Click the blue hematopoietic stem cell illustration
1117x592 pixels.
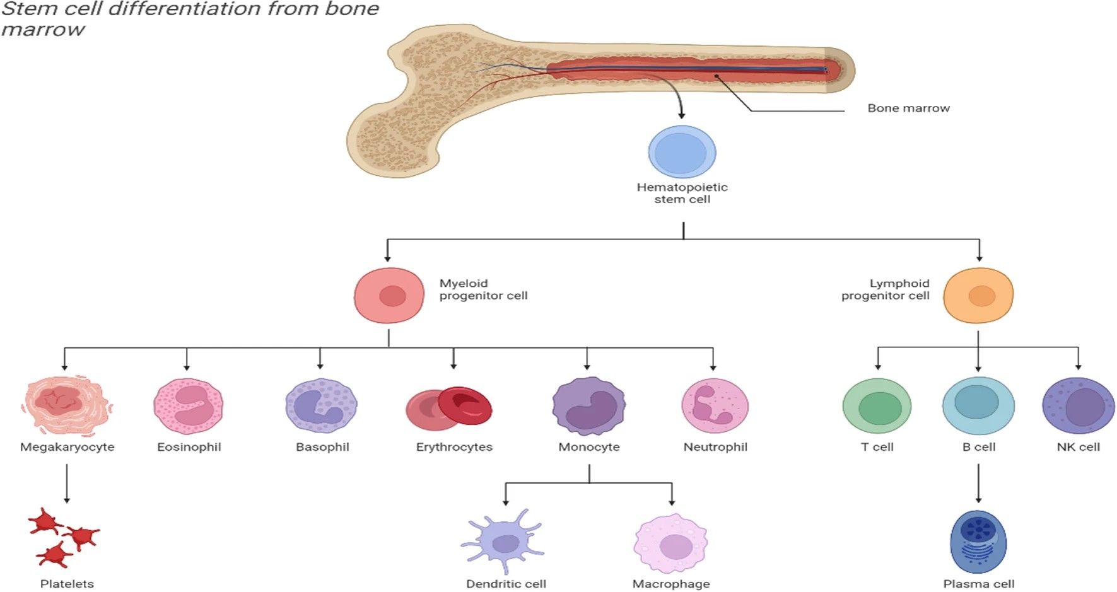point(682,152)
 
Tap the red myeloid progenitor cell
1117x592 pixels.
point(389,296)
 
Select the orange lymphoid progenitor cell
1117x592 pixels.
point(978,296)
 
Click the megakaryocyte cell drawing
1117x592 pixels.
point(66,405)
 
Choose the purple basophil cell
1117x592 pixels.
point(321,406)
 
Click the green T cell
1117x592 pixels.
point(877,407)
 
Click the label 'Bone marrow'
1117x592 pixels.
point(908,108)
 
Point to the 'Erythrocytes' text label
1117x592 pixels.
point(454,447)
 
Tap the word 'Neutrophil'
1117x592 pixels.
point(715,447)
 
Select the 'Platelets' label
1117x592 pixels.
point(67,584)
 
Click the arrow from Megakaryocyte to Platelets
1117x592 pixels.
point(67,484)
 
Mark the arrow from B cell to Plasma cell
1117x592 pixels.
point(978,484)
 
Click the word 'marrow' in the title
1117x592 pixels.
point(43,30)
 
